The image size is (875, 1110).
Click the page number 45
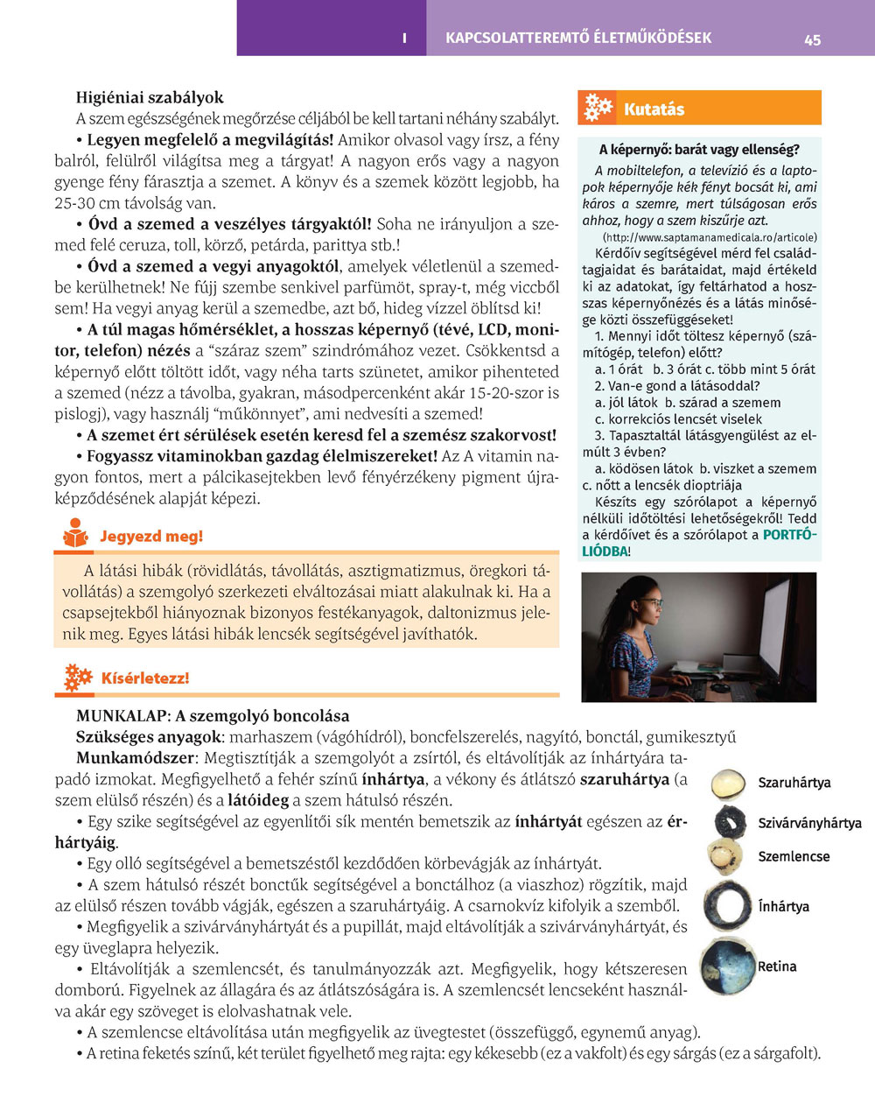point(812,39)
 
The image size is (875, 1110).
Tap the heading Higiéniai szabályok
point(150,97)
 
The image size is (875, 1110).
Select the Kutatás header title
point(654,109)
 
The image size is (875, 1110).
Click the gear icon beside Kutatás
point(598,108)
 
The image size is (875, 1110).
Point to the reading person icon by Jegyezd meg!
point(76,534)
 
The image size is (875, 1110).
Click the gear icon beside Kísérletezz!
point(78,677)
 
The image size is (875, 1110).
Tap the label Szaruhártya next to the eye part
point(794,783)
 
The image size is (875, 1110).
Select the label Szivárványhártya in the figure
point(809,823)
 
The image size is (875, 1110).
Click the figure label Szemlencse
point(794,856)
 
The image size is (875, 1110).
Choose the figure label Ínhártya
point(783,907)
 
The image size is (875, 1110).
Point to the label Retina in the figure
point(777,966)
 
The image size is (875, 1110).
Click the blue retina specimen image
point(728,967)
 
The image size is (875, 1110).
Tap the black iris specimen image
point(730,821)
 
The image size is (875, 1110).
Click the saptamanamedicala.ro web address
point(710,237)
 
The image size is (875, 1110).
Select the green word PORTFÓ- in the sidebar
point(790,535)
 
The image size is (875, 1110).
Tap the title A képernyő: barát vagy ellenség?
point(698,150)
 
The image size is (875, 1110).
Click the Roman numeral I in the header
point(404,39)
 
